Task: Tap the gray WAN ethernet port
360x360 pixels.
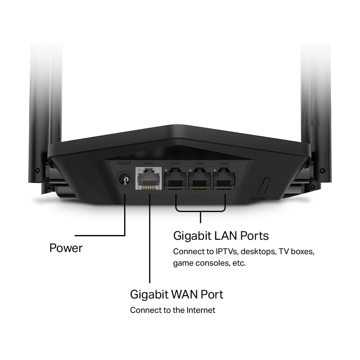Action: (149, 179)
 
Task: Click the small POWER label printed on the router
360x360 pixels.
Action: (124, 164)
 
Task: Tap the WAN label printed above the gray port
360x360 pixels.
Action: (149, 164)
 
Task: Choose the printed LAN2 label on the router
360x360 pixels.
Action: (200, 164)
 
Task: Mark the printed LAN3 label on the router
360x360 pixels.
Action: (224, 164)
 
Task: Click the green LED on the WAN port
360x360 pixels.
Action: (139, 170)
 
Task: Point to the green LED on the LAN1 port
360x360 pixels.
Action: (166, 170)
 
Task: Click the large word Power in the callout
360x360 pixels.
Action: (66, 248)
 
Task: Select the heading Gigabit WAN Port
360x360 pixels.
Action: (176, 294)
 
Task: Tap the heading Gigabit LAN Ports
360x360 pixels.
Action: (221, 236)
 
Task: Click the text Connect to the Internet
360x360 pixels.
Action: (172, 310)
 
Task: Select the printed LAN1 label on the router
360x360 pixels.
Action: (175, 164)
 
